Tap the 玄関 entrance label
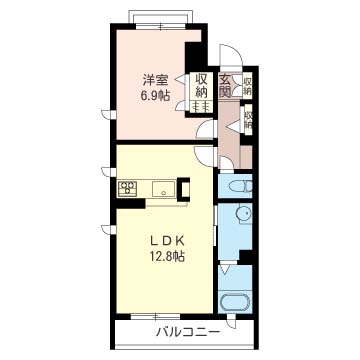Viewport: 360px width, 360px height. click(x=226, y=86)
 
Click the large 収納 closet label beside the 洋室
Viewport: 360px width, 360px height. click(x=201, y=86)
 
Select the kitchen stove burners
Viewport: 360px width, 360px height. click(x=129, y=187)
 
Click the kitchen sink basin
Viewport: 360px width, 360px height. click(x=162, y=188)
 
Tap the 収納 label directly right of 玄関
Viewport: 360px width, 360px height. click(x=247, y=86)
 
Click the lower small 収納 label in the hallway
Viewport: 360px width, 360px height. click(x=247, y=121)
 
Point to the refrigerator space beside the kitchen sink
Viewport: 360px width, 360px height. click(x=184, y=188)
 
